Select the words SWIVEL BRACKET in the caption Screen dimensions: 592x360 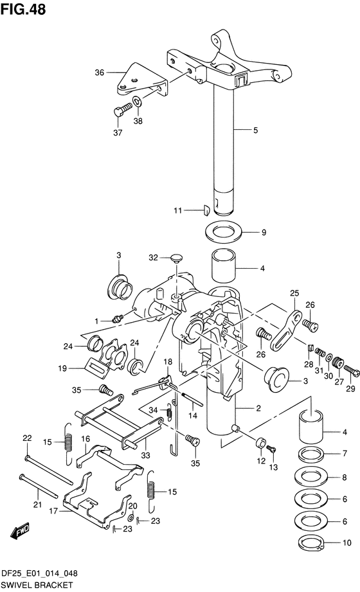point(37,585)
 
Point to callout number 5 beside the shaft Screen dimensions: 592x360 point(255,130)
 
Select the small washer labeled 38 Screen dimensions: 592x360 point(138,102)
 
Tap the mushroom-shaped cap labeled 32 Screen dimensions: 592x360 point(175,258)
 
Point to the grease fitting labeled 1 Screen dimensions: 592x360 point(116,317)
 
